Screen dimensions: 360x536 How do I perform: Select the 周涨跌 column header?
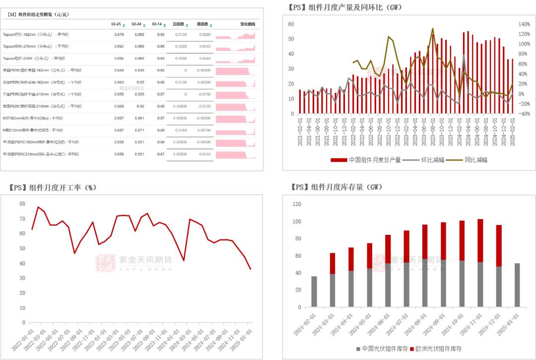tap(202, 24)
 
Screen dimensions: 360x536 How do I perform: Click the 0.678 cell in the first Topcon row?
tap(119, 35)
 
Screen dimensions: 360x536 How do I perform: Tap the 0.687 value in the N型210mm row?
tap(119, 130)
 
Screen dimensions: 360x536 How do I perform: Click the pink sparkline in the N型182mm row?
tap(235, 119)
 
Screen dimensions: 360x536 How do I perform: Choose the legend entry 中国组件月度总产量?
tap(367, 160)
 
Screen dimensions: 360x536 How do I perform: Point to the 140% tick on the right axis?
tap(524, 24)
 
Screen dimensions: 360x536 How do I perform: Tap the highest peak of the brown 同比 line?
tap(433, 28)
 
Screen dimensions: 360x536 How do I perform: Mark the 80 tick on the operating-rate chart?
tap(22, 204)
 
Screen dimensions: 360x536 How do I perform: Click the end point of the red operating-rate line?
tap(251, 269)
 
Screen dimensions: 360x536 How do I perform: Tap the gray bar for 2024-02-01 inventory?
tap(314, 291)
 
